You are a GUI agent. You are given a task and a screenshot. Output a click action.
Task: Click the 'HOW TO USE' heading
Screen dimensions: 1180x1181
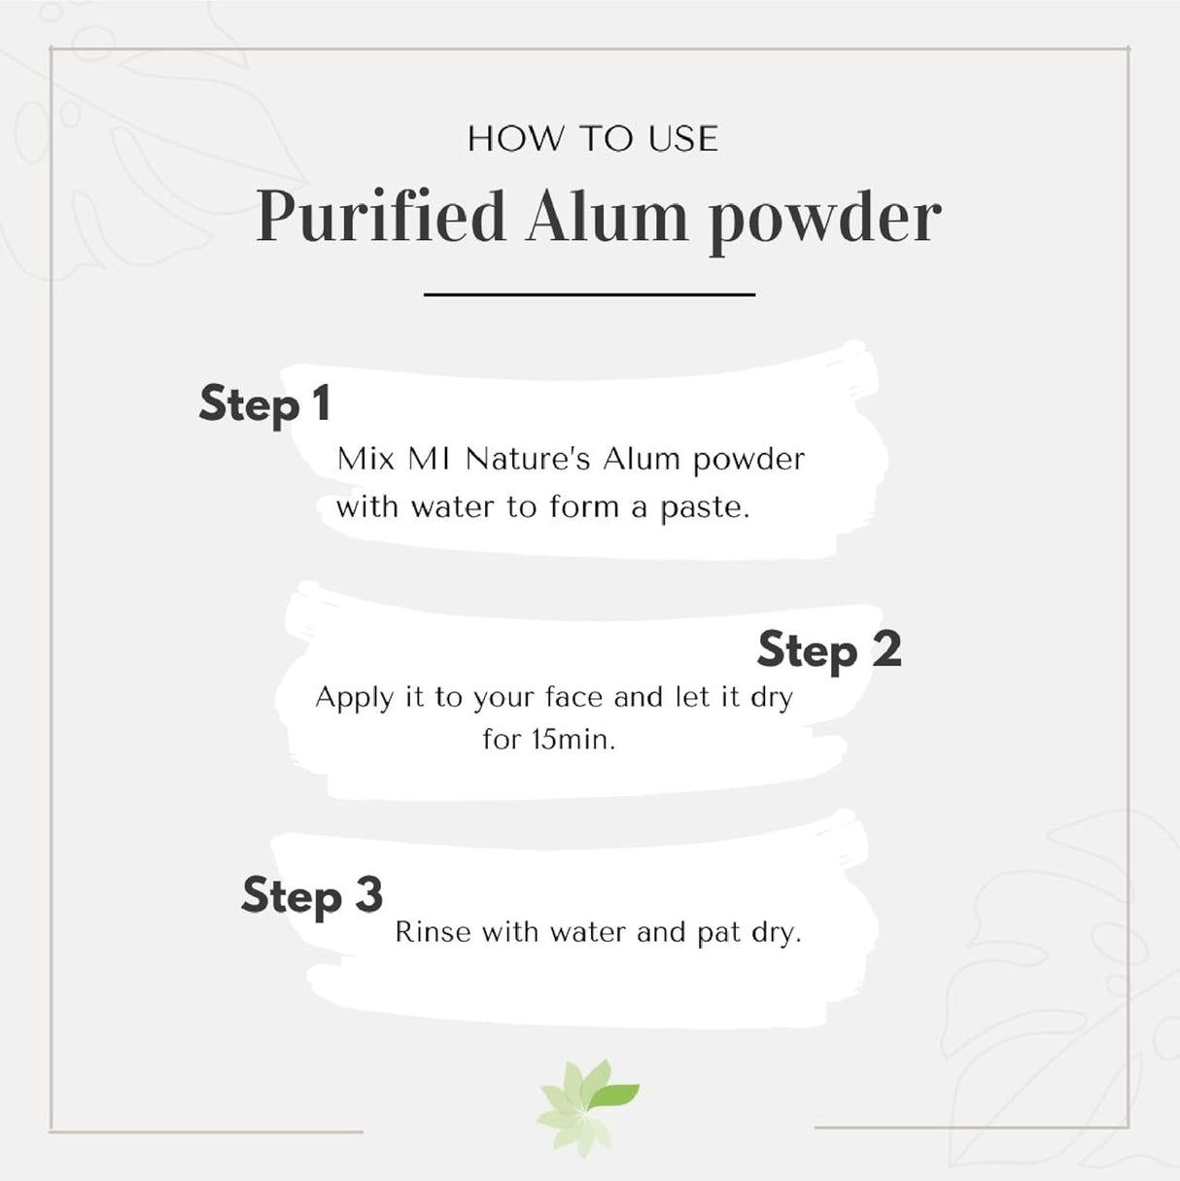pos(593,138)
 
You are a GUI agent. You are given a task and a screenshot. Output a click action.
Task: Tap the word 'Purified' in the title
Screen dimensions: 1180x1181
pos(381,218)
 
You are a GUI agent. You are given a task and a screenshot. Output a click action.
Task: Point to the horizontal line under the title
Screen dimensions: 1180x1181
pos(590,295)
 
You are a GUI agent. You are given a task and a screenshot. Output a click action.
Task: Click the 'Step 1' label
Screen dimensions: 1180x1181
pos(264,405)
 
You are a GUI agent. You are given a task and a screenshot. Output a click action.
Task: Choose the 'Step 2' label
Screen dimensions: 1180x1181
pos(829,650)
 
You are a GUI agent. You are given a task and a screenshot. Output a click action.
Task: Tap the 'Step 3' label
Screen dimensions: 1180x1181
pos(312,895)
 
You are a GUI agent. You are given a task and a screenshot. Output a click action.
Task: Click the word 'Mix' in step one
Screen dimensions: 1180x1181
pos(365,459)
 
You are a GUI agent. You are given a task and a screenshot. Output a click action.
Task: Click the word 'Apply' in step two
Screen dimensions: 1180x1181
pos(354,699)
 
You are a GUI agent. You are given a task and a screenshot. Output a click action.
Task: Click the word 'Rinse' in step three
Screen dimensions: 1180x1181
pos(433,932)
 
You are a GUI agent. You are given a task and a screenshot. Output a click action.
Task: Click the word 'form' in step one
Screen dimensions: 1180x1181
pos(583,506)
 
